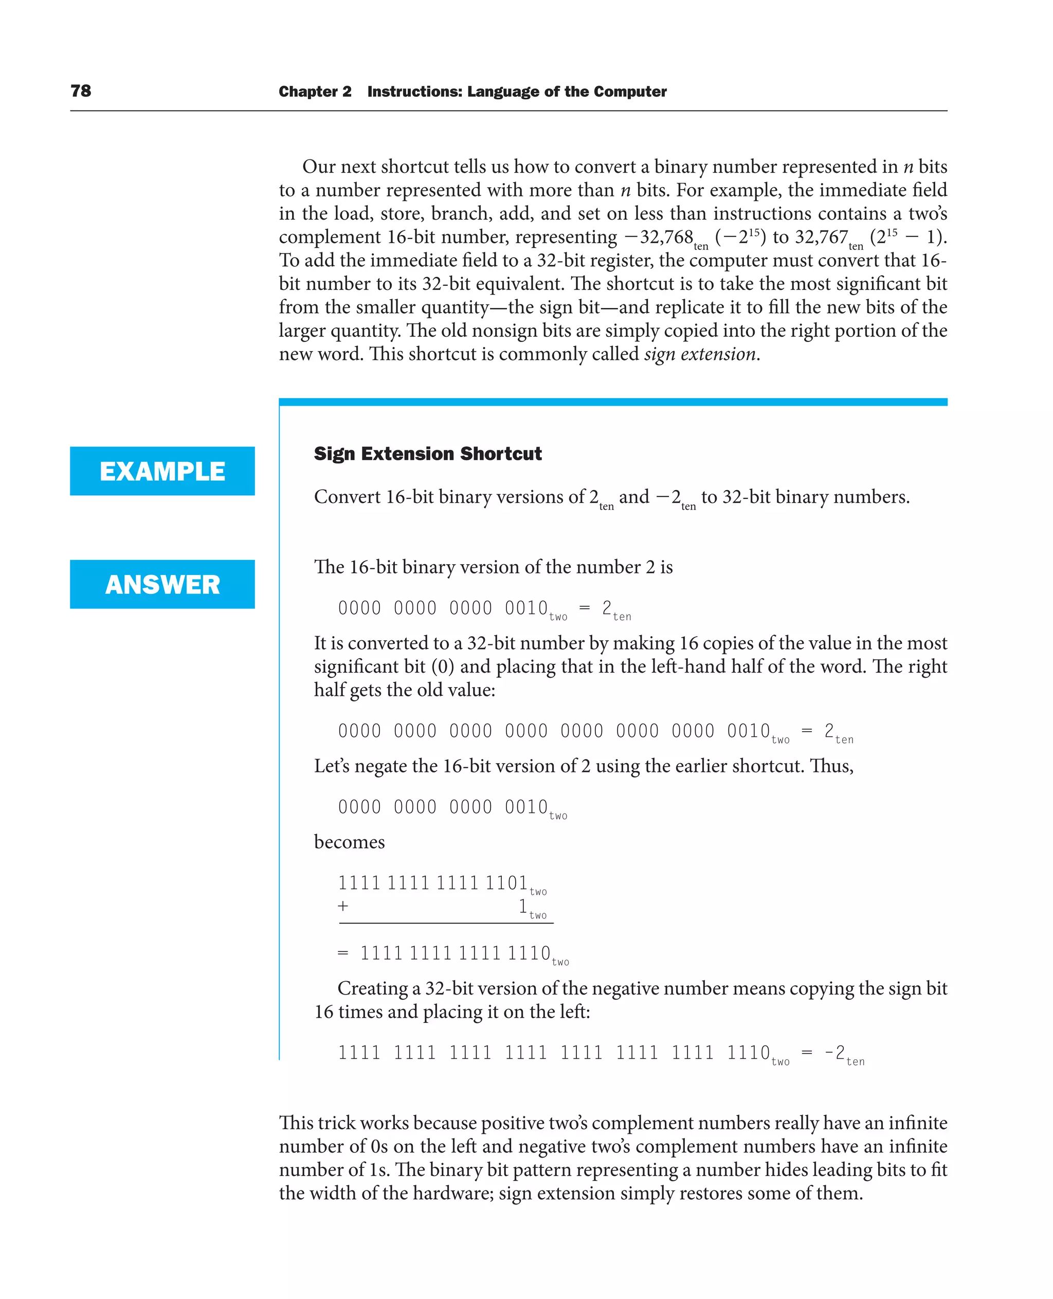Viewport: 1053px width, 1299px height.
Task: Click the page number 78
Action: click(81, 91)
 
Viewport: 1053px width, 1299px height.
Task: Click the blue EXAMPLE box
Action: click(162, 472)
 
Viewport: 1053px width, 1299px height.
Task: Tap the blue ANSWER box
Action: click(162, 584)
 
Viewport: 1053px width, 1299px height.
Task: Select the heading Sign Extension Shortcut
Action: click(428, 454)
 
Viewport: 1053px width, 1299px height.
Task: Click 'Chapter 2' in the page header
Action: click(315, 92)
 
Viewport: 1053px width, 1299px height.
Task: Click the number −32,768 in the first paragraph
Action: click(659, 237)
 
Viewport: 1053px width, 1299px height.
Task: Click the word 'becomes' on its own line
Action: click(350, 842)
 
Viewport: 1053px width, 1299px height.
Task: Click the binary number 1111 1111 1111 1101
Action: click(432, 883)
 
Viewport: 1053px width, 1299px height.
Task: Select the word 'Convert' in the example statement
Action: click(347, 497)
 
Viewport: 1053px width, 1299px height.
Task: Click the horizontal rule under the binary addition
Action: click(446, 924)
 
